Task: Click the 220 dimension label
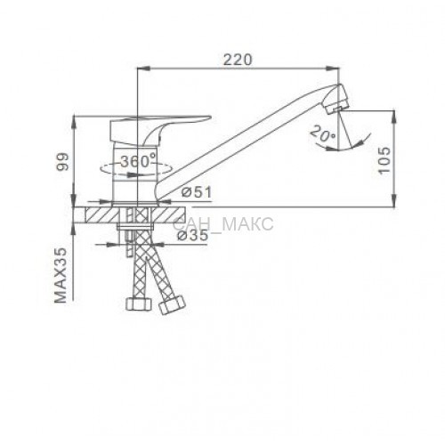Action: [x=238, y=60]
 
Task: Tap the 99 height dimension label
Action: [x=63, y=162]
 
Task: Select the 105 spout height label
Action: [x=384, y=160]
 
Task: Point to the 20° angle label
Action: [x=323, y=133]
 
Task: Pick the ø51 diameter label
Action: [x=197, y=193]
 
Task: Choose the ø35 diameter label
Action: [x=192, y=236]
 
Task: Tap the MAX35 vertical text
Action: [x=61, y=276]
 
